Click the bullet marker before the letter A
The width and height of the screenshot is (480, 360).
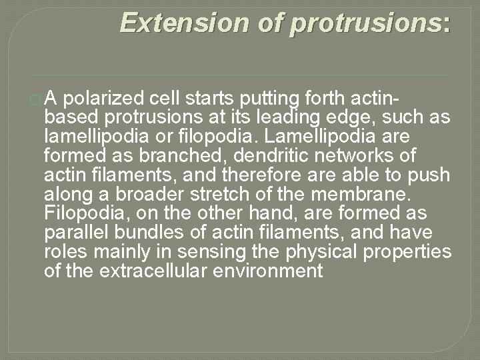36,100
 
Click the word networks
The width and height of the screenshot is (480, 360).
341,156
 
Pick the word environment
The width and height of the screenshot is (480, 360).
273,271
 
